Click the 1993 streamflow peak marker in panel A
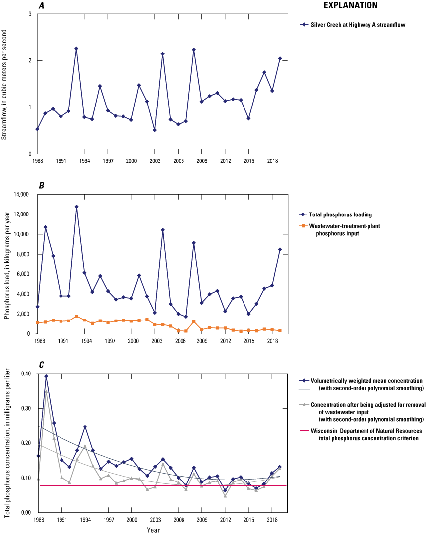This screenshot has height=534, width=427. pyautogui.click(x=76, y=49)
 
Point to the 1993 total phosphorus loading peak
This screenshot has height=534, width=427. pyautogui.click(x=76, y=207)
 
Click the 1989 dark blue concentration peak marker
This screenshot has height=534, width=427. pyautogui.click(x=46, y=376)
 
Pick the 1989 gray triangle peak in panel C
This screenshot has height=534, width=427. pyautogui.click(x=46, y=391)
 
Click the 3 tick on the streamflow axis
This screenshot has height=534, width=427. pyautogui.click(x=30, y=14)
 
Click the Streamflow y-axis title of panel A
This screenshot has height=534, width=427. pyautogui.click(x=4, y=84)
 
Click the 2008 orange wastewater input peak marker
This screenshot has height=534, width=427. pyautogui.click(x=194, y=321)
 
